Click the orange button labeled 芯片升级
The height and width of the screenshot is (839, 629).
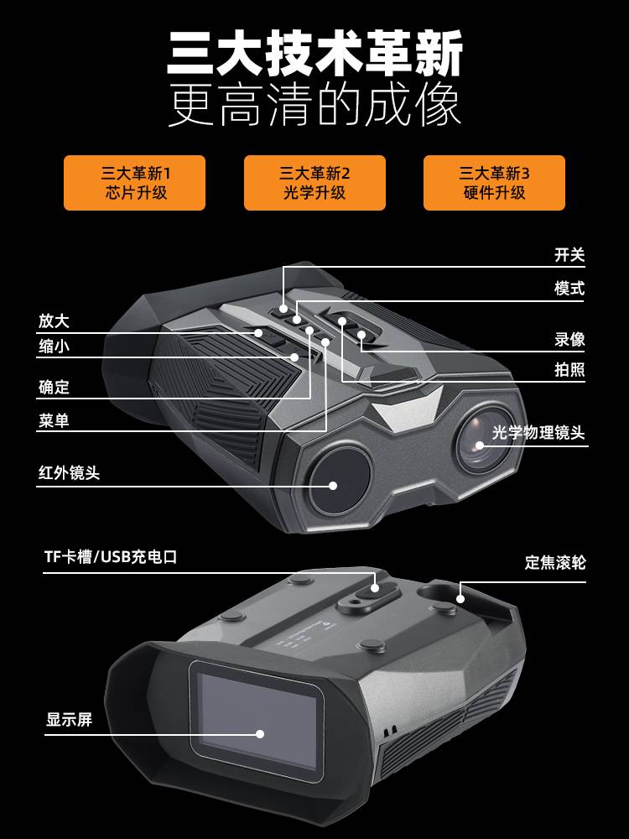[134, 183]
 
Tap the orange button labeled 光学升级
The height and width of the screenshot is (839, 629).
[314, 183]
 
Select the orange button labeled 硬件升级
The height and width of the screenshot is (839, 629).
[494, 183]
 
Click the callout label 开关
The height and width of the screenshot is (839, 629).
[569, 255]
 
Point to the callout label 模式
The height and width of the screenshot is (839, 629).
[569, 289]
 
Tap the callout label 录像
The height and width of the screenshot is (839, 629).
[569, 339]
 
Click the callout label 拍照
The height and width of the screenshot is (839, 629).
[569, 369]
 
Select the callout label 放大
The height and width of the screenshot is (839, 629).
[54, 321]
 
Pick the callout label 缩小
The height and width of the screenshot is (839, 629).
[54, 347]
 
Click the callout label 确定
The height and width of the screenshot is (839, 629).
[54, 387]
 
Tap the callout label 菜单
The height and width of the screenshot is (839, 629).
[54, 420]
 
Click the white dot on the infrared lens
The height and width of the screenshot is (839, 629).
[333, 486]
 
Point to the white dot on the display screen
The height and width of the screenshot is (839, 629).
[260, 733]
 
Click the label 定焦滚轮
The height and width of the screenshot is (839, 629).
[555, 562]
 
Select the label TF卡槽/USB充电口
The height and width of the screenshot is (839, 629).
[111, 557]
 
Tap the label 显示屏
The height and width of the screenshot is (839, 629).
[69, 720]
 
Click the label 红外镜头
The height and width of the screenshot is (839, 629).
[69, 473]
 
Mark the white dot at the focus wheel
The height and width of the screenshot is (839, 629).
[460, 599]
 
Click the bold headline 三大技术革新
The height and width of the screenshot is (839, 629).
[314, 54]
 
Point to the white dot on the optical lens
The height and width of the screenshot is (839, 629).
[480, 446]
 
